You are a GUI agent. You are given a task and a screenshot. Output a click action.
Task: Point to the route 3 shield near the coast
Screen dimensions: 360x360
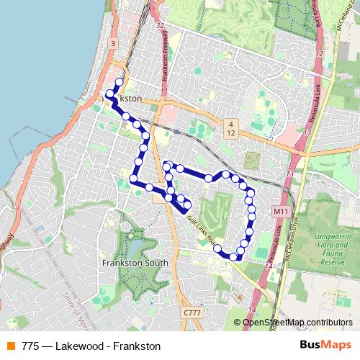tap(113, 44)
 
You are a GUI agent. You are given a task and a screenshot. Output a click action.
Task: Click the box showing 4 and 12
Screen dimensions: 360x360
tap(230, 128)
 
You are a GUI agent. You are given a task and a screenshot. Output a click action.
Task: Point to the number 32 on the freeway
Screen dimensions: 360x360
tap(159, 26)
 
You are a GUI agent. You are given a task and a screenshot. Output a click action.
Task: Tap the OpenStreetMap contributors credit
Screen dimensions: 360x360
tap(297, 322)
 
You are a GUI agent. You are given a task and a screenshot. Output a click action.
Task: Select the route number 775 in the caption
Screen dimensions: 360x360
tap(30, 346)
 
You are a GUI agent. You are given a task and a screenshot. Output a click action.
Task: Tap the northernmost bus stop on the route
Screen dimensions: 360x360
tap(120, 81)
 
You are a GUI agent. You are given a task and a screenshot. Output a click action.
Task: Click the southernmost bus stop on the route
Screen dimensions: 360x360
tap(233, 256)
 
